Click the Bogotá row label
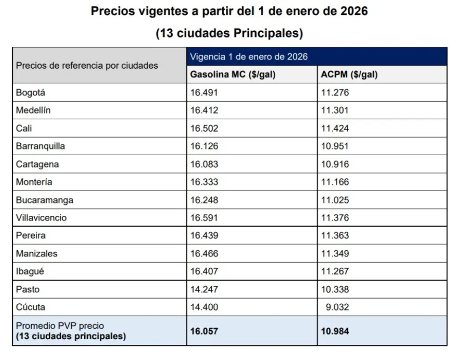[30, 93]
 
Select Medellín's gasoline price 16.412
[204, 110]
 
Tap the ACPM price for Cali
[335, 128]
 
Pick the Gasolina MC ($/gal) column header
[233, 75]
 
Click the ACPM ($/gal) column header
[349, 75]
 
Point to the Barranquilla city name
[40, 146]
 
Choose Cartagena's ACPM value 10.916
[335, 164]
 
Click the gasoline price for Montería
[204, 182]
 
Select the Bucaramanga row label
[44, 200]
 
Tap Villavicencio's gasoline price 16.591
[204, 218]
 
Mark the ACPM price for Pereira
[335, 236]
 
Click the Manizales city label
[37, 254]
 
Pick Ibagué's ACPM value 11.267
[335, 272]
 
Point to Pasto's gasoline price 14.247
[204, 290]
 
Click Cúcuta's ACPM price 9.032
[337, 307]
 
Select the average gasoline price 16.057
[204, 331]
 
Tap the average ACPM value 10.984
[335, 331]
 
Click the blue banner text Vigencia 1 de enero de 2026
[249, 57]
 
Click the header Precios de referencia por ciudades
[87, 65]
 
